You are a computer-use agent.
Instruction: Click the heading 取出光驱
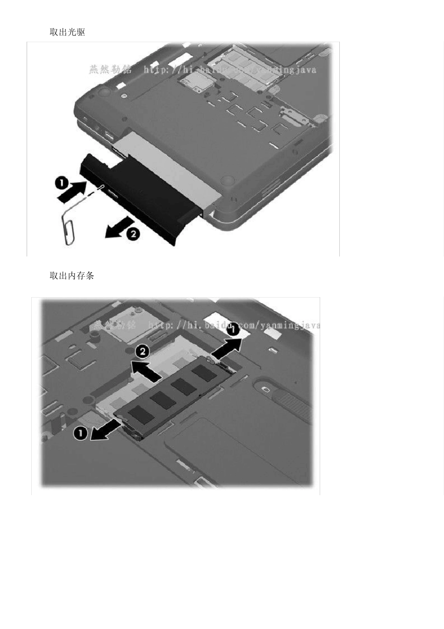tap(67, 32)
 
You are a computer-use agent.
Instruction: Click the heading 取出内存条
tap(72, 276)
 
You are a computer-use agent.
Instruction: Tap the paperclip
tap(68, 228)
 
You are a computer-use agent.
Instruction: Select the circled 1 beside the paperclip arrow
tap(62, 182)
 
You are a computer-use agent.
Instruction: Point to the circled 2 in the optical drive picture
tap(133, 234)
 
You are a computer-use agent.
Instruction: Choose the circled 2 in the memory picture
tap(143, 351)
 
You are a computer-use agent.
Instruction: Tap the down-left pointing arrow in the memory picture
tap(105, 430)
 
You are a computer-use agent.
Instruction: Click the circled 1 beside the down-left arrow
tap(81, 433)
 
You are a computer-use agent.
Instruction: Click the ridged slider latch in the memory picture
tap(290, 403)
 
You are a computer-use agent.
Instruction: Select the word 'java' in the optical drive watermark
tap(306, 70)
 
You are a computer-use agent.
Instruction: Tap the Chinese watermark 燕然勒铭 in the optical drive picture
tap(110, 70)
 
